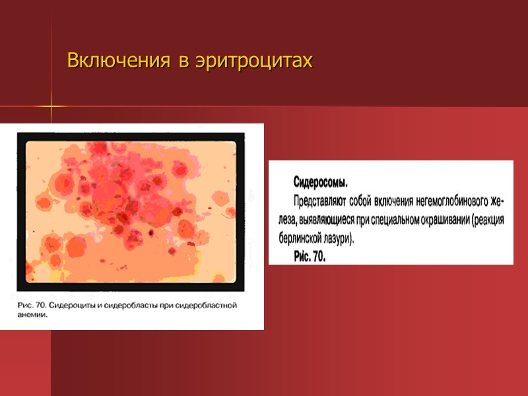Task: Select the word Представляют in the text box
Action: pos(321,200)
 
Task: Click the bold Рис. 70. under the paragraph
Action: pos(310,256)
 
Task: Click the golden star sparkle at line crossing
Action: pos(51,106)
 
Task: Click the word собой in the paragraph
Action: pos(360,200)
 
